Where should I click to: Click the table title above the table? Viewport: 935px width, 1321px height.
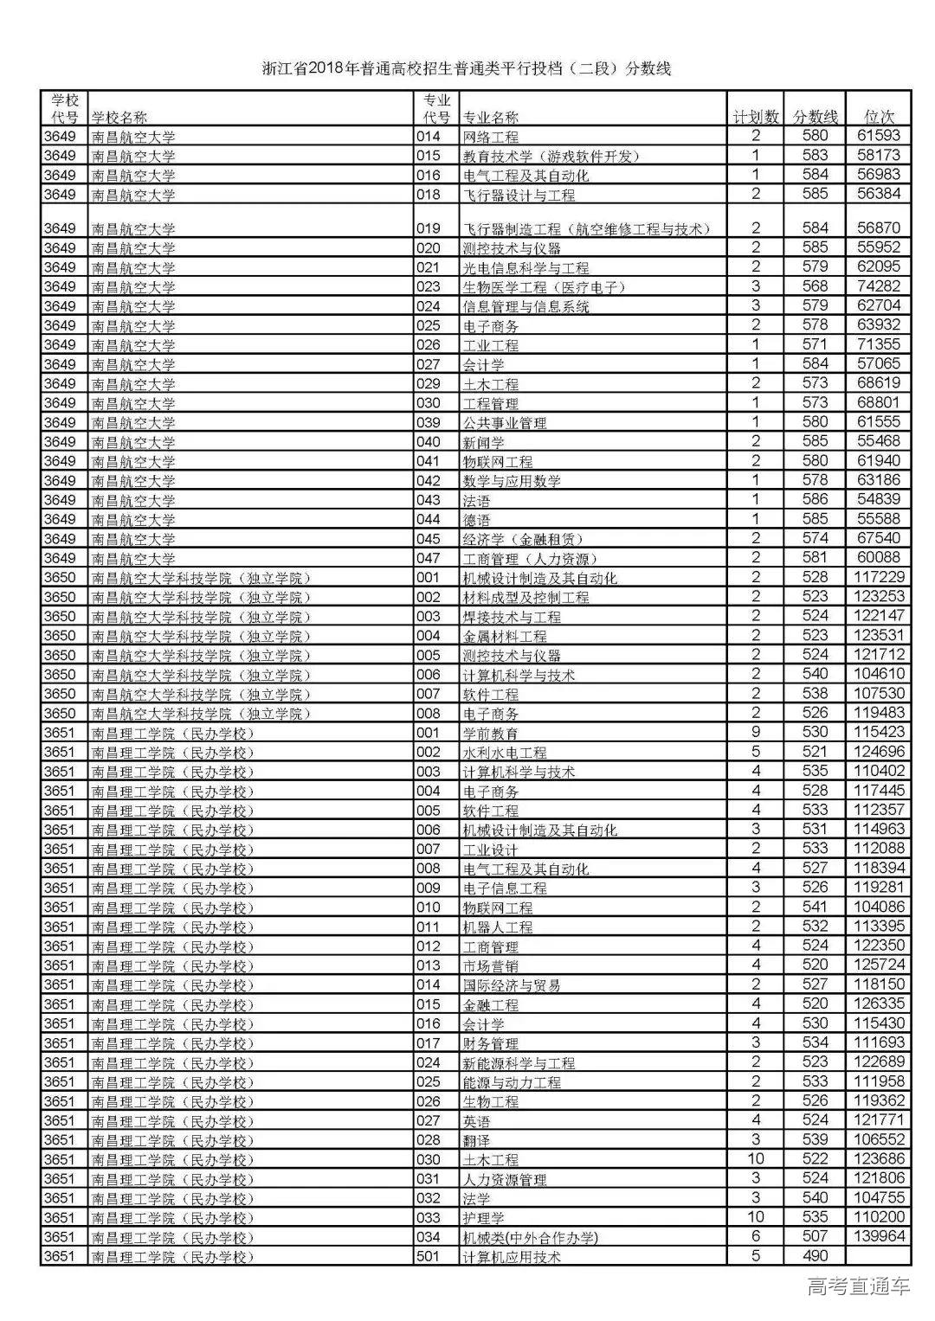467,68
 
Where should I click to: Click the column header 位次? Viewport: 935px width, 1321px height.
879,117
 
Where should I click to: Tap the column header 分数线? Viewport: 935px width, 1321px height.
816,117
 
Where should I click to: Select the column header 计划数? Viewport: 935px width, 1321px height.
756,117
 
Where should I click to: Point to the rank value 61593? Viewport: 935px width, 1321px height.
879,136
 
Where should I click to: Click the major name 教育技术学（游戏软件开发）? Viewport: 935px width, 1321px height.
551,156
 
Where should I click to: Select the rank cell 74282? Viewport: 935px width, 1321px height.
879,286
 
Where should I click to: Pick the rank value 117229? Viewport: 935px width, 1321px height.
879,577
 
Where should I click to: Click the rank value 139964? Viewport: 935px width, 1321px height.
879,1237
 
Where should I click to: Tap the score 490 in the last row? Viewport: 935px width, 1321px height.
816,1256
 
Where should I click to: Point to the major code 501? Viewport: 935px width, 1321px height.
429,1256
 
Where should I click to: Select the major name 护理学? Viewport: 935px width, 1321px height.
484,1218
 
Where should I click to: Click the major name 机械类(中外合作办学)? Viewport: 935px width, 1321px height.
531,1238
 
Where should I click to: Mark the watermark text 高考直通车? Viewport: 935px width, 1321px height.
858,1287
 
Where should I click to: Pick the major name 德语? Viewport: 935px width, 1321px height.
477,519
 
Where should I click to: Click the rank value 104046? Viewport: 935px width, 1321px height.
879,907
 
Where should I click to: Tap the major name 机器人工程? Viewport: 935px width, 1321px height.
498,927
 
